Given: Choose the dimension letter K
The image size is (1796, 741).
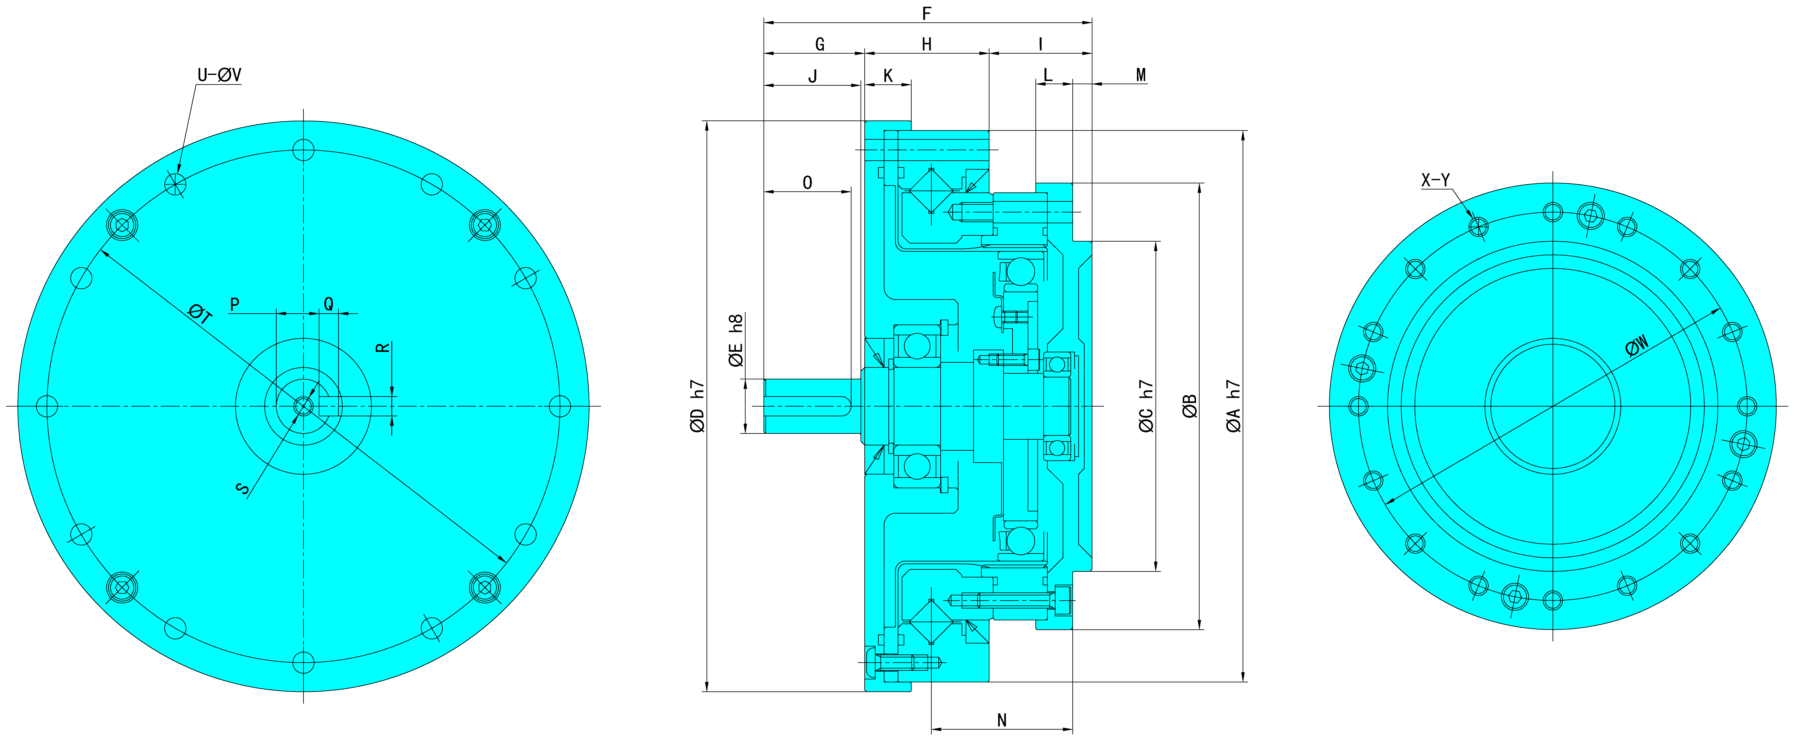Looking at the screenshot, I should (888, 76).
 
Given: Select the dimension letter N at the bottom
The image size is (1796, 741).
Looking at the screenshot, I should (1002, 720).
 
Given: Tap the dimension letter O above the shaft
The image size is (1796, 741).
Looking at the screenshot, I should (807, 183).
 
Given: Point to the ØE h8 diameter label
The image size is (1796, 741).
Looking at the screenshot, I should (735, 340).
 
